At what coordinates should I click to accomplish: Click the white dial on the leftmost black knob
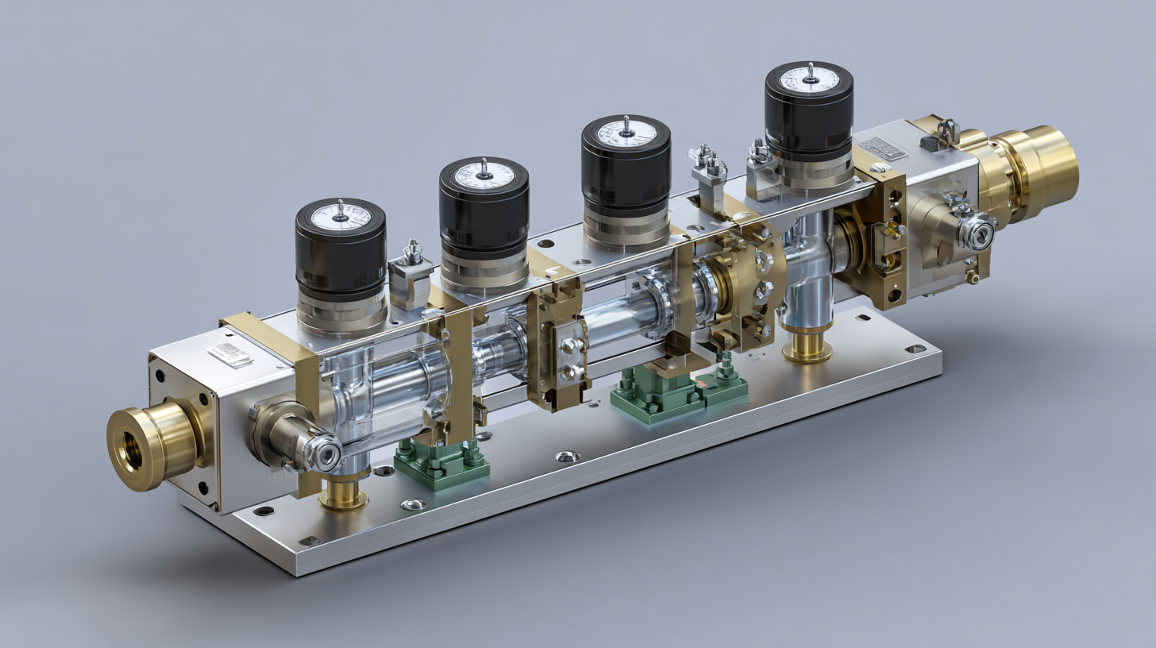[x=341, y=216]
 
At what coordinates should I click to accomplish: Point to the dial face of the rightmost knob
[x=809, y=79]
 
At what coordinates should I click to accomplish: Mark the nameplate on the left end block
[x=229, y=354]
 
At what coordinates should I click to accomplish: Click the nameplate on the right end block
[x=882, y=148]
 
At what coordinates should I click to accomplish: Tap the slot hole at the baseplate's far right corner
[x=915, y=349]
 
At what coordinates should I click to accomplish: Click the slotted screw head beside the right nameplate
[x=877, y=168]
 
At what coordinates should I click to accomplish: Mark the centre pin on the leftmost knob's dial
[x=341, y=210]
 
